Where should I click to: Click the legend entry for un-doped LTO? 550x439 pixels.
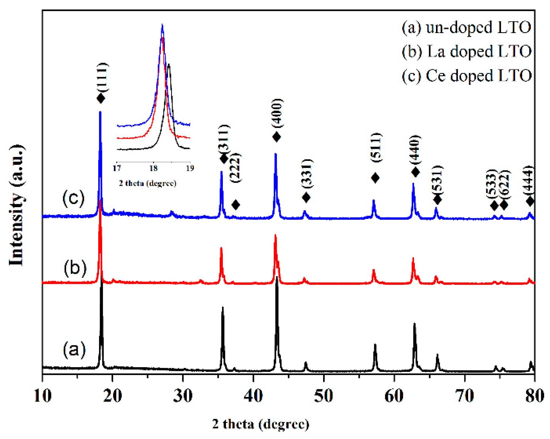[466, 28]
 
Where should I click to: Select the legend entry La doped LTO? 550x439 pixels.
[466, 52]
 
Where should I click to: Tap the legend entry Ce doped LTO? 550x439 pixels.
[466, 76]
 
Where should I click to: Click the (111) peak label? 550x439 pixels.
[102, 77]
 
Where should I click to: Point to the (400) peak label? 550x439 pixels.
[277, 113]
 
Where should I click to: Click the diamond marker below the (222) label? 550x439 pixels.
[236, 205]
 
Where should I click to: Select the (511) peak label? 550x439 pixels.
[376, 148]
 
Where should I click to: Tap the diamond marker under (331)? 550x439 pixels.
[306, 197]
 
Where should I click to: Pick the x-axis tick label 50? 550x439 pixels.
[323, 396]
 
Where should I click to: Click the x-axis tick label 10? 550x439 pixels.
[43, 396]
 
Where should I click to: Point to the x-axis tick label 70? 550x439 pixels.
[464, 396]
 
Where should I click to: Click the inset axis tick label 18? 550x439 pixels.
[153, 168]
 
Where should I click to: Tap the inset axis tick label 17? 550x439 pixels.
[117, 168]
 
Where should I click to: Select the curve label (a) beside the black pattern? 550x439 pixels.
[74, 349]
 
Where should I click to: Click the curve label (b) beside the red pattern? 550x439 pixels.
[75, 267]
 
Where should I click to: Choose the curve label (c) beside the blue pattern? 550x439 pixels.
[74, 198]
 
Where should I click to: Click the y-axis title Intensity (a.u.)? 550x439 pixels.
[16, 205]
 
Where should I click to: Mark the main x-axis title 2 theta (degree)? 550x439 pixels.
[260, 424]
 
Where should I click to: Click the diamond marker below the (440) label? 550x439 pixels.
[415, 172]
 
